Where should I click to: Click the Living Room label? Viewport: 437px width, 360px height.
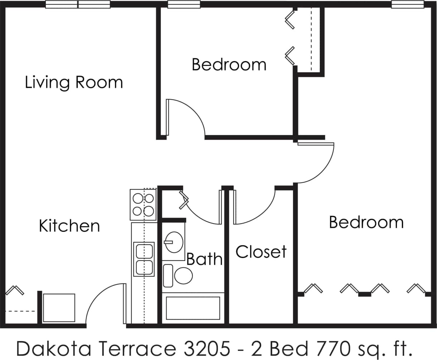tap(74, 83)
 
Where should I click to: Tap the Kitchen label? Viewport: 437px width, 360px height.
tap(69, 226)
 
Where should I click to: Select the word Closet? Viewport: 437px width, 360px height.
tap(261, 252)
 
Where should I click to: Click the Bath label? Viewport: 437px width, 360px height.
tap(205, 259)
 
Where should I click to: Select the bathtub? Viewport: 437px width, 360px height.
tap(193, 308)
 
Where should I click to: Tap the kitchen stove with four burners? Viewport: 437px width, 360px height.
tap(143, 204)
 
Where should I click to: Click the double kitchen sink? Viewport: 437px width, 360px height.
tap(144, 259)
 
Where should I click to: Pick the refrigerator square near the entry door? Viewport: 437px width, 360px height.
tap(59, 308)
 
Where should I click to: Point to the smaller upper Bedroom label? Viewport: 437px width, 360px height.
tap(229, 65)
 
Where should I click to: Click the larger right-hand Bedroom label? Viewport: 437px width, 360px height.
tap(366, 222)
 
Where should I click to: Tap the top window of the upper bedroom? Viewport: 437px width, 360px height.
tap(184, 5)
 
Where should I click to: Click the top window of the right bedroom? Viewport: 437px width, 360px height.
tap(408, 5)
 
